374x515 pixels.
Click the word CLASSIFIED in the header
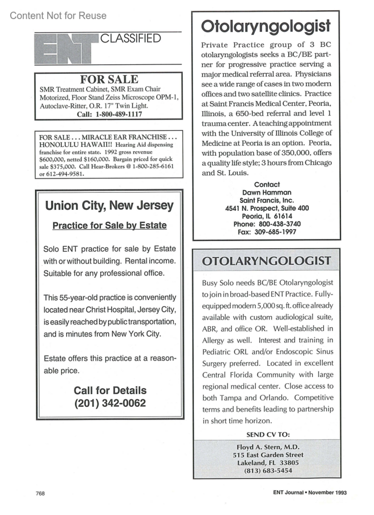pyautogui.click(x=130, y=38)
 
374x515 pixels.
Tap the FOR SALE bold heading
pyautogui.click(x=109, y=79)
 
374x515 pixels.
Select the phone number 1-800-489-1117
pyautogui.click(x=118, y=114)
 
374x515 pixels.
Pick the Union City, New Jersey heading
pyautogui.click(x=109, y=206)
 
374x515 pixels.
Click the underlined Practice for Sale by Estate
pyautogui.click(x=109, y=225)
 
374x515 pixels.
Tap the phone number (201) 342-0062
pyautogui.click(x=110, y=403)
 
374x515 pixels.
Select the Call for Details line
pyautogui.click(x=110, y=390)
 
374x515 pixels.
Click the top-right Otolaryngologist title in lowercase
pyautogui.click(x=266, y=26)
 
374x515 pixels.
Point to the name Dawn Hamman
pyautogui.click(x=267, y=193)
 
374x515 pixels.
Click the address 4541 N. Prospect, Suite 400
pyautogui.click(x=267, y=208)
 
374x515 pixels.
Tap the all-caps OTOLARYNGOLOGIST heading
pyautogui.click(x=266, y=261)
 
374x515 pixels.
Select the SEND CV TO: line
pyautogui.click(x=268, y=434)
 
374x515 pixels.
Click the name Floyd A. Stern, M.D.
pyautogui.click(x=268, y=447)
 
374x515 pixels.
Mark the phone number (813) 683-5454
pyautogui.click(x=268, y=470)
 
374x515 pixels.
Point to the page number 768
pyautogui.click(x=40, y=493)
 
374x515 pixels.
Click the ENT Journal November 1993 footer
pyautogui.click(x=310, y=493)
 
